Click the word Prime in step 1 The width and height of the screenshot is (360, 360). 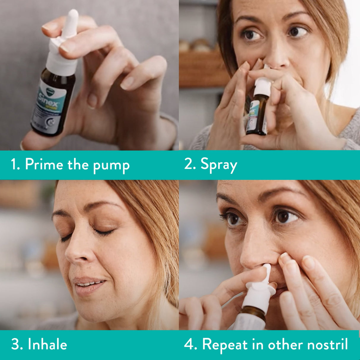(44, 164)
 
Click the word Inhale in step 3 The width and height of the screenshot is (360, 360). (47, 345)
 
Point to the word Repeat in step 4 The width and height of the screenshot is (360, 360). (225, 345)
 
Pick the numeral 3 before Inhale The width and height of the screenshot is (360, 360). (15, 345)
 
